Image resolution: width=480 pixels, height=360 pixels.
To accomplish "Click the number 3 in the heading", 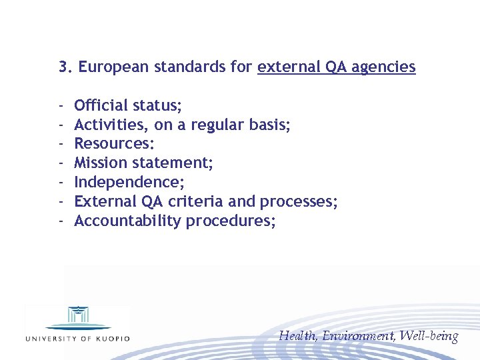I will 63,67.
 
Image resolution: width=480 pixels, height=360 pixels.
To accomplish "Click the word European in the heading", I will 113,67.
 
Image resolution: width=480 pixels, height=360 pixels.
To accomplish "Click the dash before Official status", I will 61,105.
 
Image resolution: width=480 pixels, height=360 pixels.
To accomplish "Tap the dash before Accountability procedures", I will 61,221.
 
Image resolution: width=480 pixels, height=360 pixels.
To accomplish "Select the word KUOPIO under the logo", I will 111,338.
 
